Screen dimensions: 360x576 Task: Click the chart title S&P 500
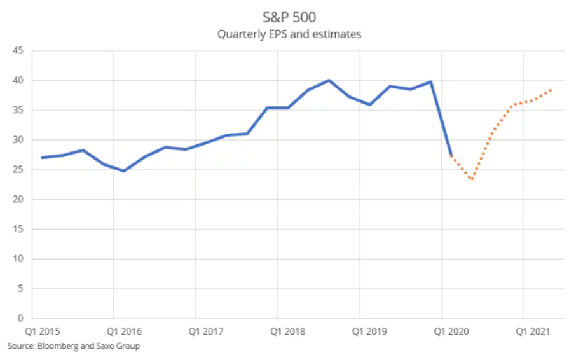[x=289, y=17]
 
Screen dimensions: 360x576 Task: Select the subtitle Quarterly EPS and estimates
[x=289, y=34]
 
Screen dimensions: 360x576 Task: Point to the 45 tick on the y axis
[x=18, y=51]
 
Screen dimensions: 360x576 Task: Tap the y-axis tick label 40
[x=18, y=81]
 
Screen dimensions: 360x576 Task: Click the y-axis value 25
[x=18, y=170]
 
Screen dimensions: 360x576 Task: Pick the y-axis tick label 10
[x=18, y=259]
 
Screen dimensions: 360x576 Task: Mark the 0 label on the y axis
[x=21, y=318]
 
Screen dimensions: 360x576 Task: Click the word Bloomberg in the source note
[x=56, y=346]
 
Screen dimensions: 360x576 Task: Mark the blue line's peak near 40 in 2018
[x=329, y=80]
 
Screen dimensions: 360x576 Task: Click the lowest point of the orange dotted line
[x=472, y=179]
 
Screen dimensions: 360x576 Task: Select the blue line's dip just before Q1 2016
[x=124, y=171]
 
